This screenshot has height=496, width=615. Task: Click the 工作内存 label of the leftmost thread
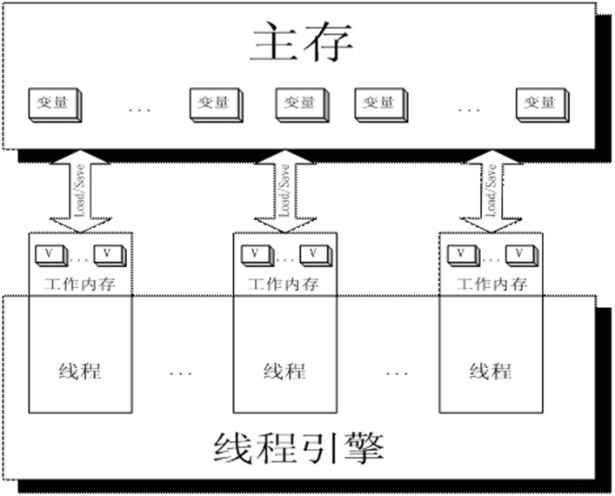80,284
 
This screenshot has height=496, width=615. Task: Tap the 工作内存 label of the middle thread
284,284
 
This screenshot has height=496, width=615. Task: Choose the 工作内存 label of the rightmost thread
493,284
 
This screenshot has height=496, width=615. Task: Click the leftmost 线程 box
80,370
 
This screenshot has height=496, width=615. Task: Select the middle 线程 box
284,370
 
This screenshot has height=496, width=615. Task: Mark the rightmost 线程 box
491,370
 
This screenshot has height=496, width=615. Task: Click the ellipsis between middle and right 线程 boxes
396,373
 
